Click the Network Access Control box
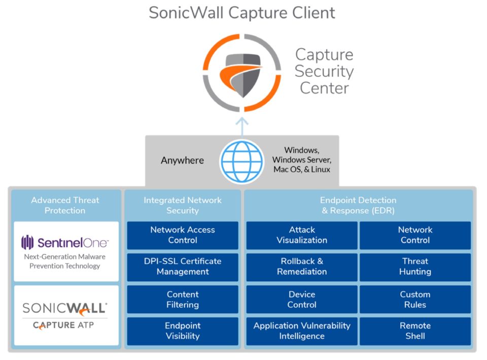[182, 235]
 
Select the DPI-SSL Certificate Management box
[182, 267]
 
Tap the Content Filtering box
[182, 300]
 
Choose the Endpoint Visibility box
[182, 331]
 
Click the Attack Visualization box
[302, 235]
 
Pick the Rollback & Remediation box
[302, 267]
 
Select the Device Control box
[302, 300]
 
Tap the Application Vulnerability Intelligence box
[302, 331]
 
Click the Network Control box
[415, 235]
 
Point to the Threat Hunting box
[415, 267]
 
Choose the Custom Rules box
[415, 300]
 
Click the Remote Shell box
[415, 331]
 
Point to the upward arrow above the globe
[242, 127]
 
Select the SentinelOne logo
[65, 242]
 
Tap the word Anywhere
[182, 160]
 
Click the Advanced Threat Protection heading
[65, 205]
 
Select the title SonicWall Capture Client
[242, 13]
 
